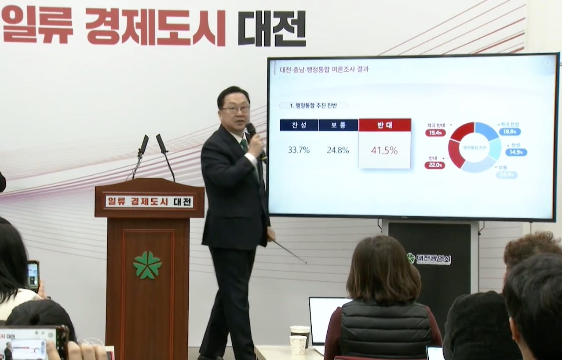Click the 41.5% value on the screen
click(x=384, y=151)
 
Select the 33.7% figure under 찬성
click(x=299, y=150)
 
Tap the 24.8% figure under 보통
click(x=338, y=150)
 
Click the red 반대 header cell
click(x=384, y=125)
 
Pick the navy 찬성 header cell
click(x=299, y=125)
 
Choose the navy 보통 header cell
click(x=338, y=125)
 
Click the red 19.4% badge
click(x=435, y=132)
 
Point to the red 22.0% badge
click(x=435, y=165)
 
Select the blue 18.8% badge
click(x=510, y=132)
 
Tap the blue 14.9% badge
click(x=516, y=152)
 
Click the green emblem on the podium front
click(x=147, y=265)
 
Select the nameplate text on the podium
click(x=149, y=202)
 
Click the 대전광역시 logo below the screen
click(x=429, y=259)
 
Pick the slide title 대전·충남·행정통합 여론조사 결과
click(x=324, y=70)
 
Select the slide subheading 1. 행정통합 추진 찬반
click(x=314, y=106)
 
